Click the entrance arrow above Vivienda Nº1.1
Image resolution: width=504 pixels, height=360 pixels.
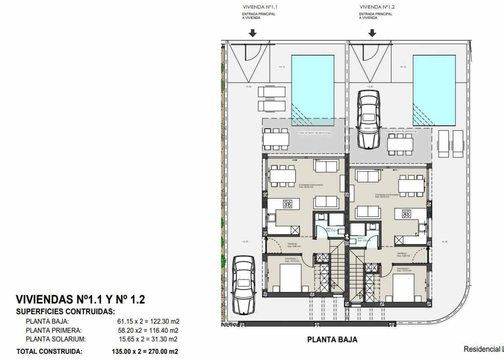tap(252, 33)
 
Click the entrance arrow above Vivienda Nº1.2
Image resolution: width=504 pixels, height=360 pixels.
tap(372, 33)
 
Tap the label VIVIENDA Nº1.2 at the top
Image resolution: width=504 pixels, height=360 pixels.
tap(377, 7)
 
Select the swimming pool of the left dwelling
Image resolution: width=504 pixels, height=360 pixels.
tap(312, 90)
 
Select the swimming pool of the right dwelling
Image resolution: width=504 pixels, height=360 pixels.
tap(434, 90)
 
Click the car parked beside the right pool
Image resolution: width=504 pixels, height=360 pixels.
tap(368, 119)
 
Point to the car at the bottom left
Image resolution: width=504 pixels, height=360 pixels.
tap(244, 284)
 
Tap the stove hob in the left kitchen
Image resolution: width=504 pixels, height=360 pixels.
tap(288, 204)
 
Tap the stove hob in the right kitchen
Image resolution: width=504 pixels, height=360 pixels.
tap(406, 214)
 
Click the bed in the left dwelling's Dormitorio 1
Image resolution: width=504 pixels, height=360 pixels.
tap(290, 278)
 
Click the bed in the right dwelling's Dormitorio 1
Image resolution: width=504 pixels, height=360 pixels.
tap(403, 287)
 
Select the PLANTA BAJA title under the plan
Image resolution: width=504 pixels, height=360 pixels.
tap(332, 340)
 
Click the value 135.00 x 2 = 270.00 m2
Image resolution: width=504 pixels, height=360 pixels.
tap(146, 352)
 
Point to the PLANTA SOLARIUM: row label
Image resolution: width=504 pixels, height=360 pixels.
tap(56, 339)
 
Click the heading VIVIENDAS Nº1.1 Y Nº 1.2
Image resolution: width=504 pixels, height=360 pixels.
tap(80, 300)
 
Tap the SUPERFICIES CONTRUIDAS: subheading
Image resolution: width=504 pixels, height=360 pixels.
tap(66, 311)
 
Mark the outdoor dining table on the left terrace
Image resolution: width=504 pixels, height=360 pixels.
tap(276, 139)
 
